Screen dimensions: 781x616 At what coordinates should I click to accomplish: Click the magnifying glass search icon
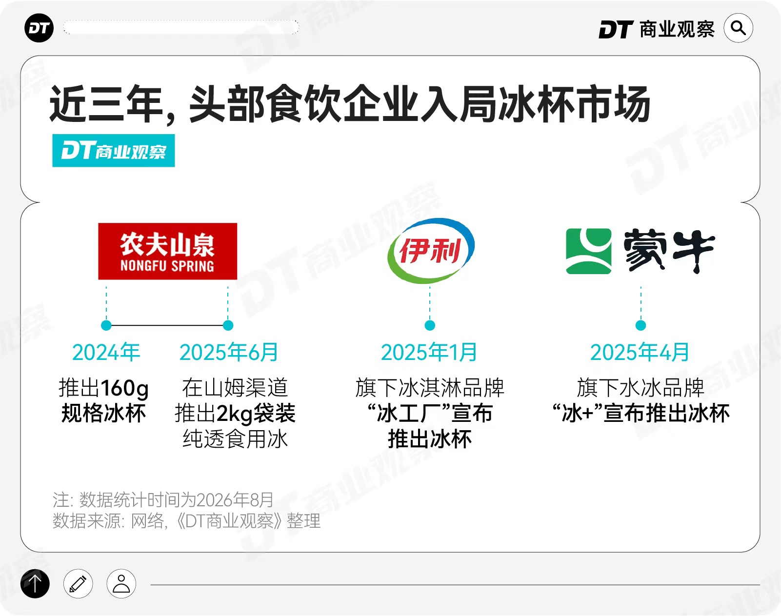click(738, 28)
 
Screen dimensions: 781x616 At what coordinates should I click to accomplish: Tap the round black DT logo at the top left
click(39, 28)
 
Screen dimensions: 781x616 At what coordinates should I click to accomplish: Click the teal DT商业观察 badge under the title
click(114, 151)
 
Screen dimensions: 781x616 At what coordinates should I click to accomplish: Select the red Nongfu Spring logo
click(168, 251)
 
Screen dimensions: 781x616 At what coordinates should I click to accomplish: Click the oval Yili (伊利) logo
click(431, 251)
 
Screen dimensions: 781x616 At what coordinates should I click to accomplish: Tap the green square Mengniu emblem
click(589, 251)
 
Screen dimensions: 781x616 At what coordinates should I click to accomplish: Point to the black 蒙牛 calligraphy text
click(669, 251)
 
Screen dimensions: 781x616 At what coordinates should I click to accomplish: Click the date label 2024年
click(106, 352)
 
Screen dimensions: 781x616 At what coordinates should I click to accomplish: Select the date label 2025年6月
click(229, 352)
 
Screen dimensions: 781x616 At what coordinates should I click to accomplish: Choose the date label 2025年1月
click(429, 352)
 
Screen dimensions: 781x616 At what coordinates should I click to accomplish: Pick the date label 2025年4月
click(640, 352)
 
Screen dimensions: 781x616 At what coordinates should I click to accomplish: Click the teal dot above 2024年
click(106, 325)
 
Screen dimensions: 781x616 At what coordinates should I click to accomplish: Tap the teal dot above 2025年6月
click(228, 325)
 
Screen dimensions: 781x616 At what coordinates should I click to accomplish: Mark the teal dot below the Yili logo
click(430, 325)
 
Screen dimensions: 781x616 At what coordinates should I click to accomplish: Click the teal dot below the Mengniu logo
click(641, 325)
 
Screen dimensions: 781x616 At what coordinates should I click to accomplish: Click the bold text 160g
click(125, 388)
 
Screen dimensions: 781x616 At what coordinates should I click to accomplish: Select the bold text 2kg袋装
click(256, 414)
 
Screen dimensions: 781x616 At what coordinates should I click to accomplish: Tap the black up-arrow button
click(35, 584)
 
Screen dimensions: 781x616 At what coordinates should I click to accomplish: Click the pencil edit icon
click(78, 584)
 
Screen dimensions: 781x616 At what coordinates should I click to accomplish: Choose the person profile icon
click(121, 584)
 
